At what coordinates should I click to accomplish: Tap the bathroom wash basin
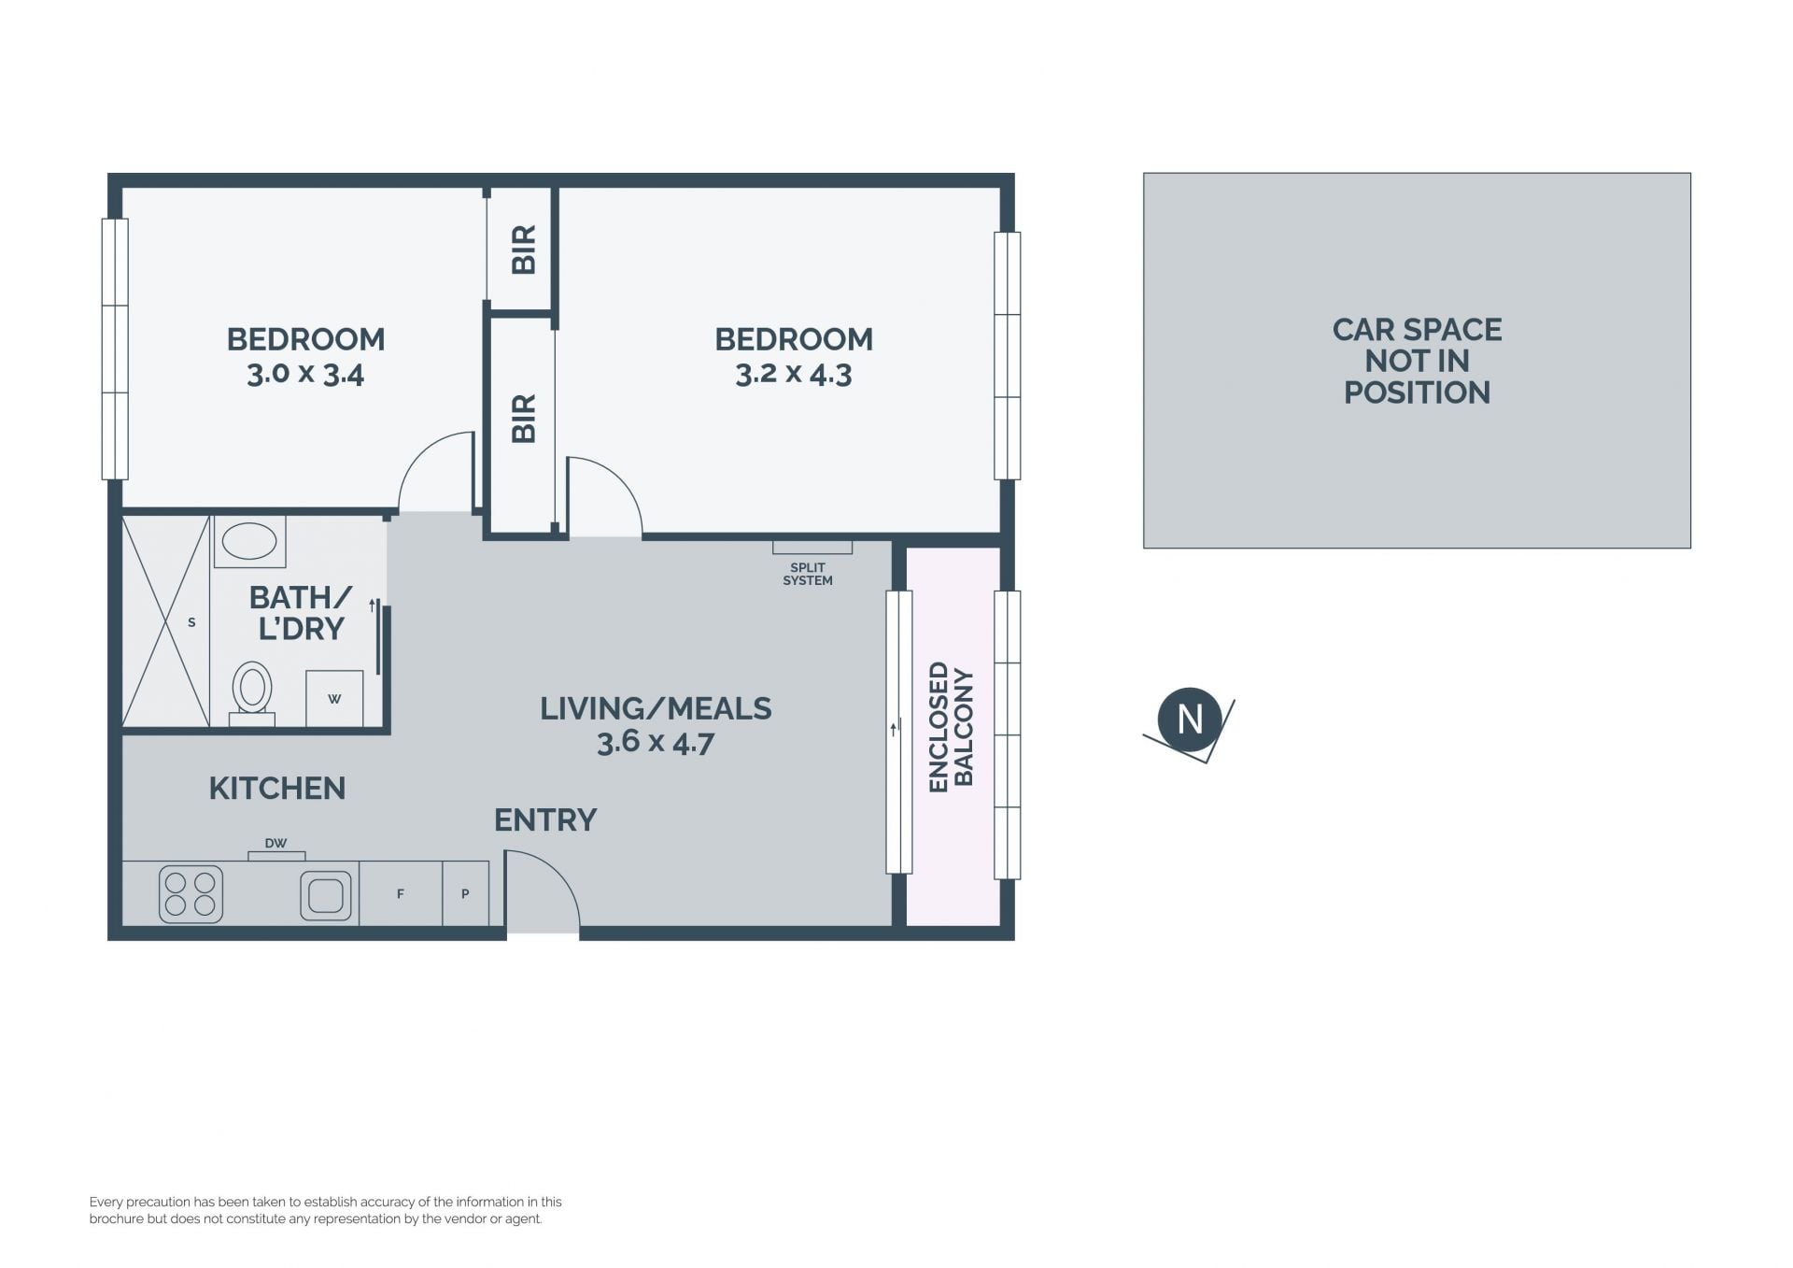249,541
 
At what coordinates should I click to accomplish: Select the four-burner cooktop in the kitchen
191,894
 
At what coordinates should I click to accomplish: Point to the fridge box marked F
401,893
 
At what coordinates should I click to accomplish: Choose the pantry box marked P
465,893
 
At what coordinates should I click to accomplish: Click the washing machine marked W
334,698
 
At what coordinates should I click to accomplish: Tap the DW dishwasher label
275,843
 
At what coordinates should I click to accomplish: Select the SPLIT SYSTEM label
808,574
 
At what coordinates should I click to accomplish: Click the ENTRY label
545,819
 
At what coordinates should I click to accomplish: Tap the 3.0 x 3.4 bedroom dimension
305,374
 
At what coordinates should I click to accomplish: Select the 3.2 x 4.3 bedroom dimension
794,374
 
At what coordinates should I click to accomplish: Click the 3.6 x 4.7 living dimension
656,742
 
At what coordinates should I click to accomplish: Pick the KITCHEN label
277,788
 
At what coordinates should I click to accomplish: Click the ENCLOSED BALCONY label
952,727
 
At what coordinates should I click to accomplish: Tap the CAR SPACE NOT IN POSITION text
1417,361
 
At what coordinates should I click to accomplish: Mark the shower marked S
166,621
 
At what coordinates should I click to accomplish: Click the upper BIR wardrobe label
524,249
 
